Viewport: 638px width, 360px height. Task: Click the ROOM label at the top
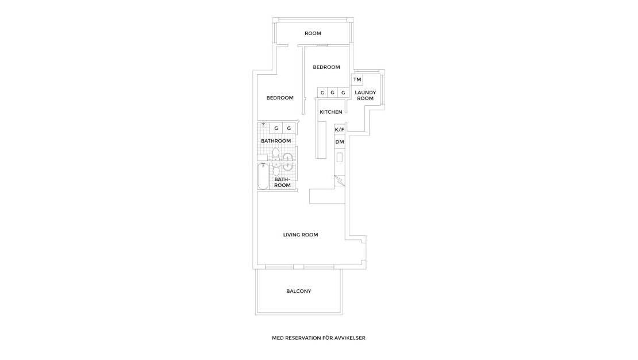tap(313, 33)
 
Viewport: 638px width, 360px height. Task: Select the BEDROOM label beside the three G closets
tap(326, 67)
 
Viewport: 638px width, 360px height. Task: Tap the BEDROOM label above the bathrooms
tap(280, 98)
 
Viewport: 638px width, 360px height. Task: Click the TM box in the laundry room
tap(357, 80)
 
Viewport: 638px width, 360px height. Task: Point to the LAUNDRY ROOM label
tap(365, 95)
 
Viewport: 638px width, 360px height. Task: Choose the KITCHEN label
tap(331, 112)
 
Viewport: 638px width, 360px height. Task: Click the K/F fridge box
tap(339, 130)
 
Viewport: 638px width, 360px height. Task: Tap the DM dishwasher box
tap(339, 141)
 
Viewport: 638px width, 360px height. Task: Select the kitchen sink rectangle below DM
tap(339, 156)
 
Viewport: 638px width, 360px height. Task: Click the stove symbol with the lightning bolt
tap(339, 181)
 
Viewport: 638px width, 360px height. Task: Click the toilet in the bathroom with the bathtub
tap(276, 170)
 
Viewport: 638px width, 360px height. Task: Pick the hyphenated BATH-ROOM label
tap(282, 182)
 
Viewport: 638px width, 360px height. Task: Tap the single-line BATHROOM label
tap(276, 141)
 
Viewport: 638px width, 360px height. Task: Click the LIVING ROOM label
tap(301, 235)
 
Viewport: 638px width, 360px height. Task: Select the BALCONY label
tap(299, 291)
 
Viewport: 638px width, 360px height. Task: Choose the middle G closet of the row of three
tap(332, 93)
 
